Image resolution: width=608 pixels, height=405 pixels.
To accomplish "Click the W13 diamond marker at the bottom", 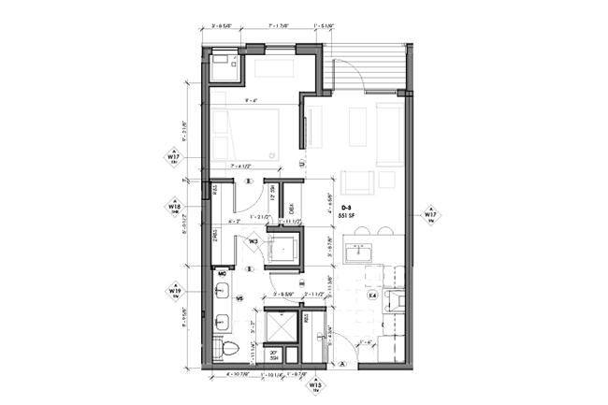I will pyautogui.click(x=317, y=385).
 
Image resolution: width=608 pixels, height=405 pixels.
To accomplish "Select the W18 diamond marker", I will pyautogui.click(x=174, y=206).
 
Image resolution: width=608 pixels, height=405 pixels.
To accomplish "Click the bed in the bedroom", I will pyautogui.click(x=244, y=134).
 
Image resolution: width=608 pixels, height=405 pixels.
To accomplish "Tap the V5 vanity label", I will pyautogui.click(x=239, y=299).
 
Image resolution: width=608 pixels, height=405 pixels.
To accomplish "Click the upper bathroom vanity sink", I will pyautogui.click(x=223, y=291).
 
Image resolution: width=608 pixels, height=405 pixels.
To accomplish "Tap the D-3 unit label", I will pyautogui.click(x=346, y=207).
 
